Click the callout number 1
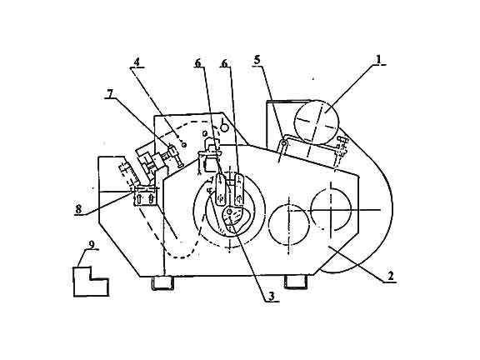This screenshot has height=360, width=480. (x=379, y=59)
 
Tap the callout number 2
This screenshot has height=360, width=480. (x=390, y=276)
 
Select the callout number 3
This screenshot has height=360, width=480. (x=272, y=296)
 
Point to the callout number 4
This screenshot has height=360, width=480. (x=137, y=62)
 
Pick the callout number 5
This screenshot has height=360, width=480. (x=257, y=60)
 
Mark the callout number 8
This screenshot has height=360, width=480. (x=78, y=209)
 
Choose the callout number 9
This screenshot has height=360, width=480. (x=91, y=244)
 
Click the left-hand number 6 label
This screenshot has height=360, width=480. (x=198, y=63)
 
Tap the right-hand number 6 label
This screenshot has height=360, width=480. (x=224, y=63)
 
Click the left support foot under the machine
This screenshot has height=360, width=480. (x=162, y=282)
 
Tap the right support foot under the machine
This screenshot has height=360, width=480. (x=295, y=282)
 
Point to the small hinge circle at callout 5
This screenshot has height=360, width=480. (x=284, y=142)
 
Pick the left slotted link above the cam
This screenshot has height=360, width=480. (x=220, y=189)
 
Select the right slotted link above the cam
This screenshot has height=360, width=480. (x=239, y=189)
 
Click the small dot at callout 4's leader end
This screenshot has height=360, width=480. (x=184, y=144)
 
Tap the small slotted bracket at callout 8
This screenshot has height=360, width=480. (x=144, y=196)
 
